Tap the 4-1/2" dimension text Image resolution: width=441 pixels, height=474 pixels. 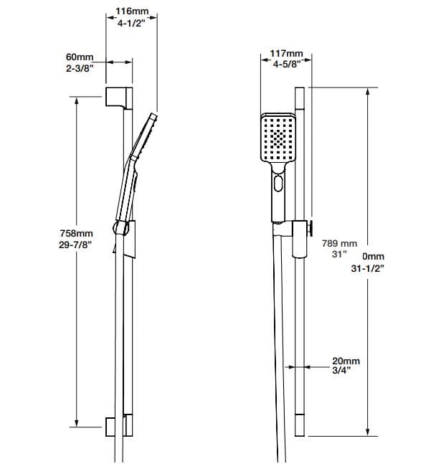coord(133,25)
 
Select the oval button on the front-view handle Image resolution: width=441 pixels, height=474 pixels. coord(277,187)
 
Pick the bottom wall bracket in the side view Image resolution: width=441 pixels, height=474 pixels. coord(118,425)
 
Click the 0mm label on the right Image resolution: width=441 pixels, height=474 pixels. coord(373,256)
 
